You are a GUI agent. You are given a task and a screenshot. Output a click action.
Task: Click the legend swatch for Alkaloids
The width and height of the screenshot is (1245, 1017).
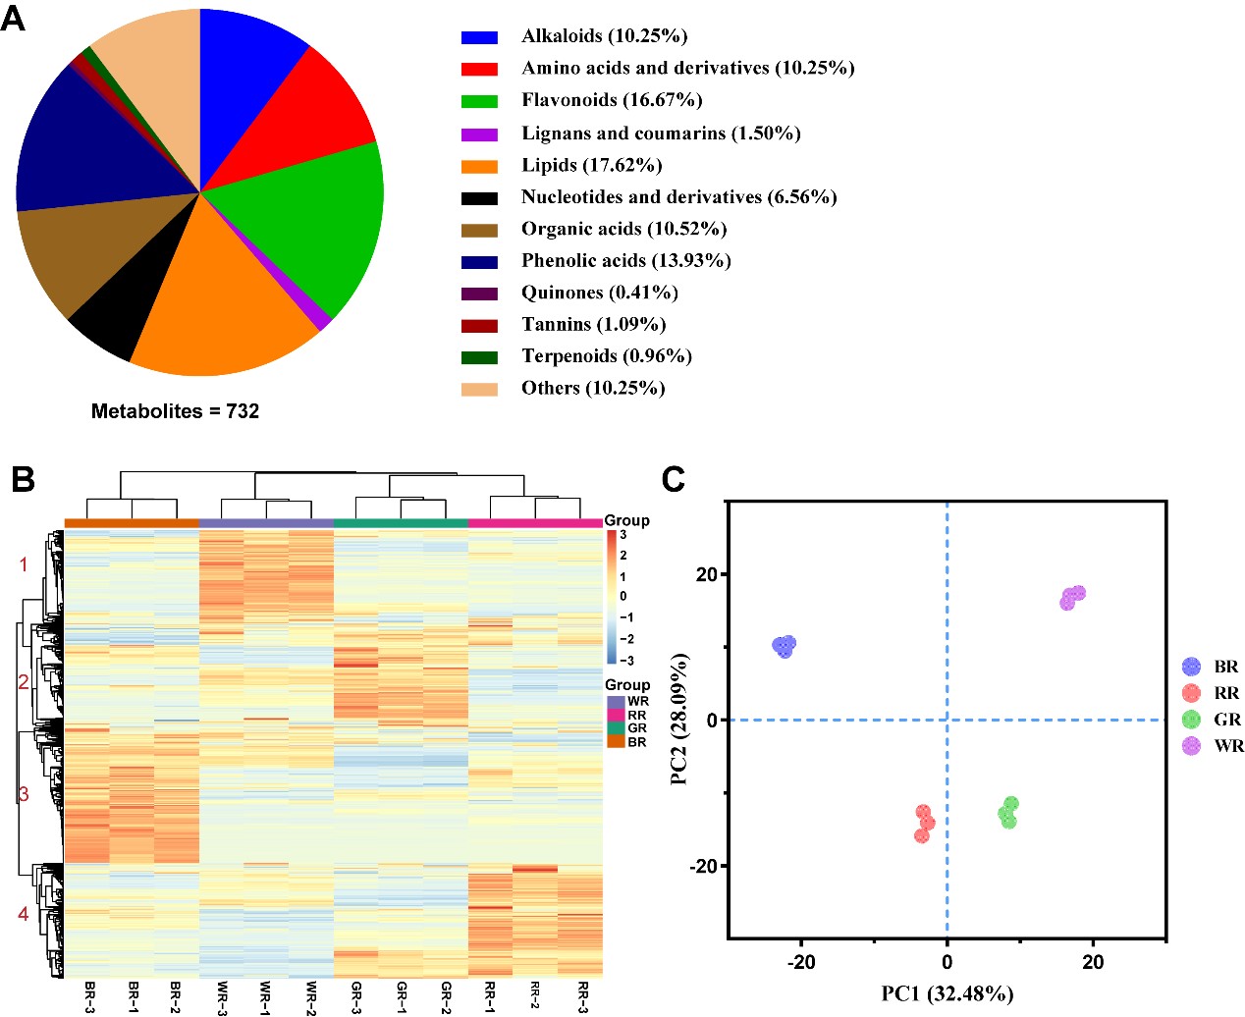[479, 37]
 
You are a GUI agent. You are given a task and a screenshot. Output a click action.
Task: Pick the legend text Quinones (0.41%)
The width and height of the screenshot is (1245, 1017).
[599, 293]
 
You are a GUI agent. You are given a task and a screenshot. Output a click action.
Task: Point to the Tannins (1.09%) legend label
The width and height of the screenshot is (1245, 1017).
[593, 324]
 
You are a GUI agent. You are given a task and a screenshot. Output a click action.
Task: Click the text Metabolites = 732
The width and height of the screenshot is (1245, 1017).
[175, 411]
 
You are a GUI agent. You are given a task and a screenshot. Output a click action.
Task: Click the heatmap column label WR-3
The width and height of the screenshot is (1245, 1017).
[223, 997]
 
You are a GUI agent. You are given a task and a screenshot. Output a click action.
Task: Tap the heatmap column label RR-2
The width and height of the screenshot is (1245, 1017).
[536, 995]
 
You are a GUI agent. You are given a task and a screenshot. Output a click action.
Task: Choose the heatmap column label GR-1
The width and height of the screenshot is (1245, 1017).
[402, 996]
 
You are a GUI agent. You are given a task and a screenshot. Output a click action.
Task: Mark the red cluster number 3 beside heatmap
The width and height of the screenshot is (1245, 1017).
[24, 793]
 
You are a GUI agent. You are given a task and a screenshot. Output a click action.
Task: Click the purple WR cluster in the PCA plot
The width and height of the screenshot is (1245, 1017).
[1072, 597]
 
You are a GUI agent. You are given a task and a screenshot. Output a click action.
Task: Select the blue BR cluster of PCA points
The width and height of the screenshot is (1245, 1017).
[784, 646]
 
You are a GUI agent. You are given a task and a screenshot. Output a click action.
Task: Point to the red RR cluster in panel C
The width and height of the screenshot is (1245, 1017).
[924, 824]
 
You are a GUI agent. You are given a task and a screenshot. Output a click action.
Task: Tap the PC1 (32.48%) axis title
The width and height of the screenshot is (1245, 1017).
[947, 993]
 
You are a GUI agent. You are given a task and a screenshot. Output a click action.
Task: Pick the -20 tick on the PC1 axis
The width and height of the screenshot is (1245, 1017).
[801, 962]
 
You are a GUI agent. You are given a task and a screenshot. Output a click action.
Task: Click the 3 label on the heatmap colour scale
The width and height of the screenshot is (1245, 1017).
[622, 535]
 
